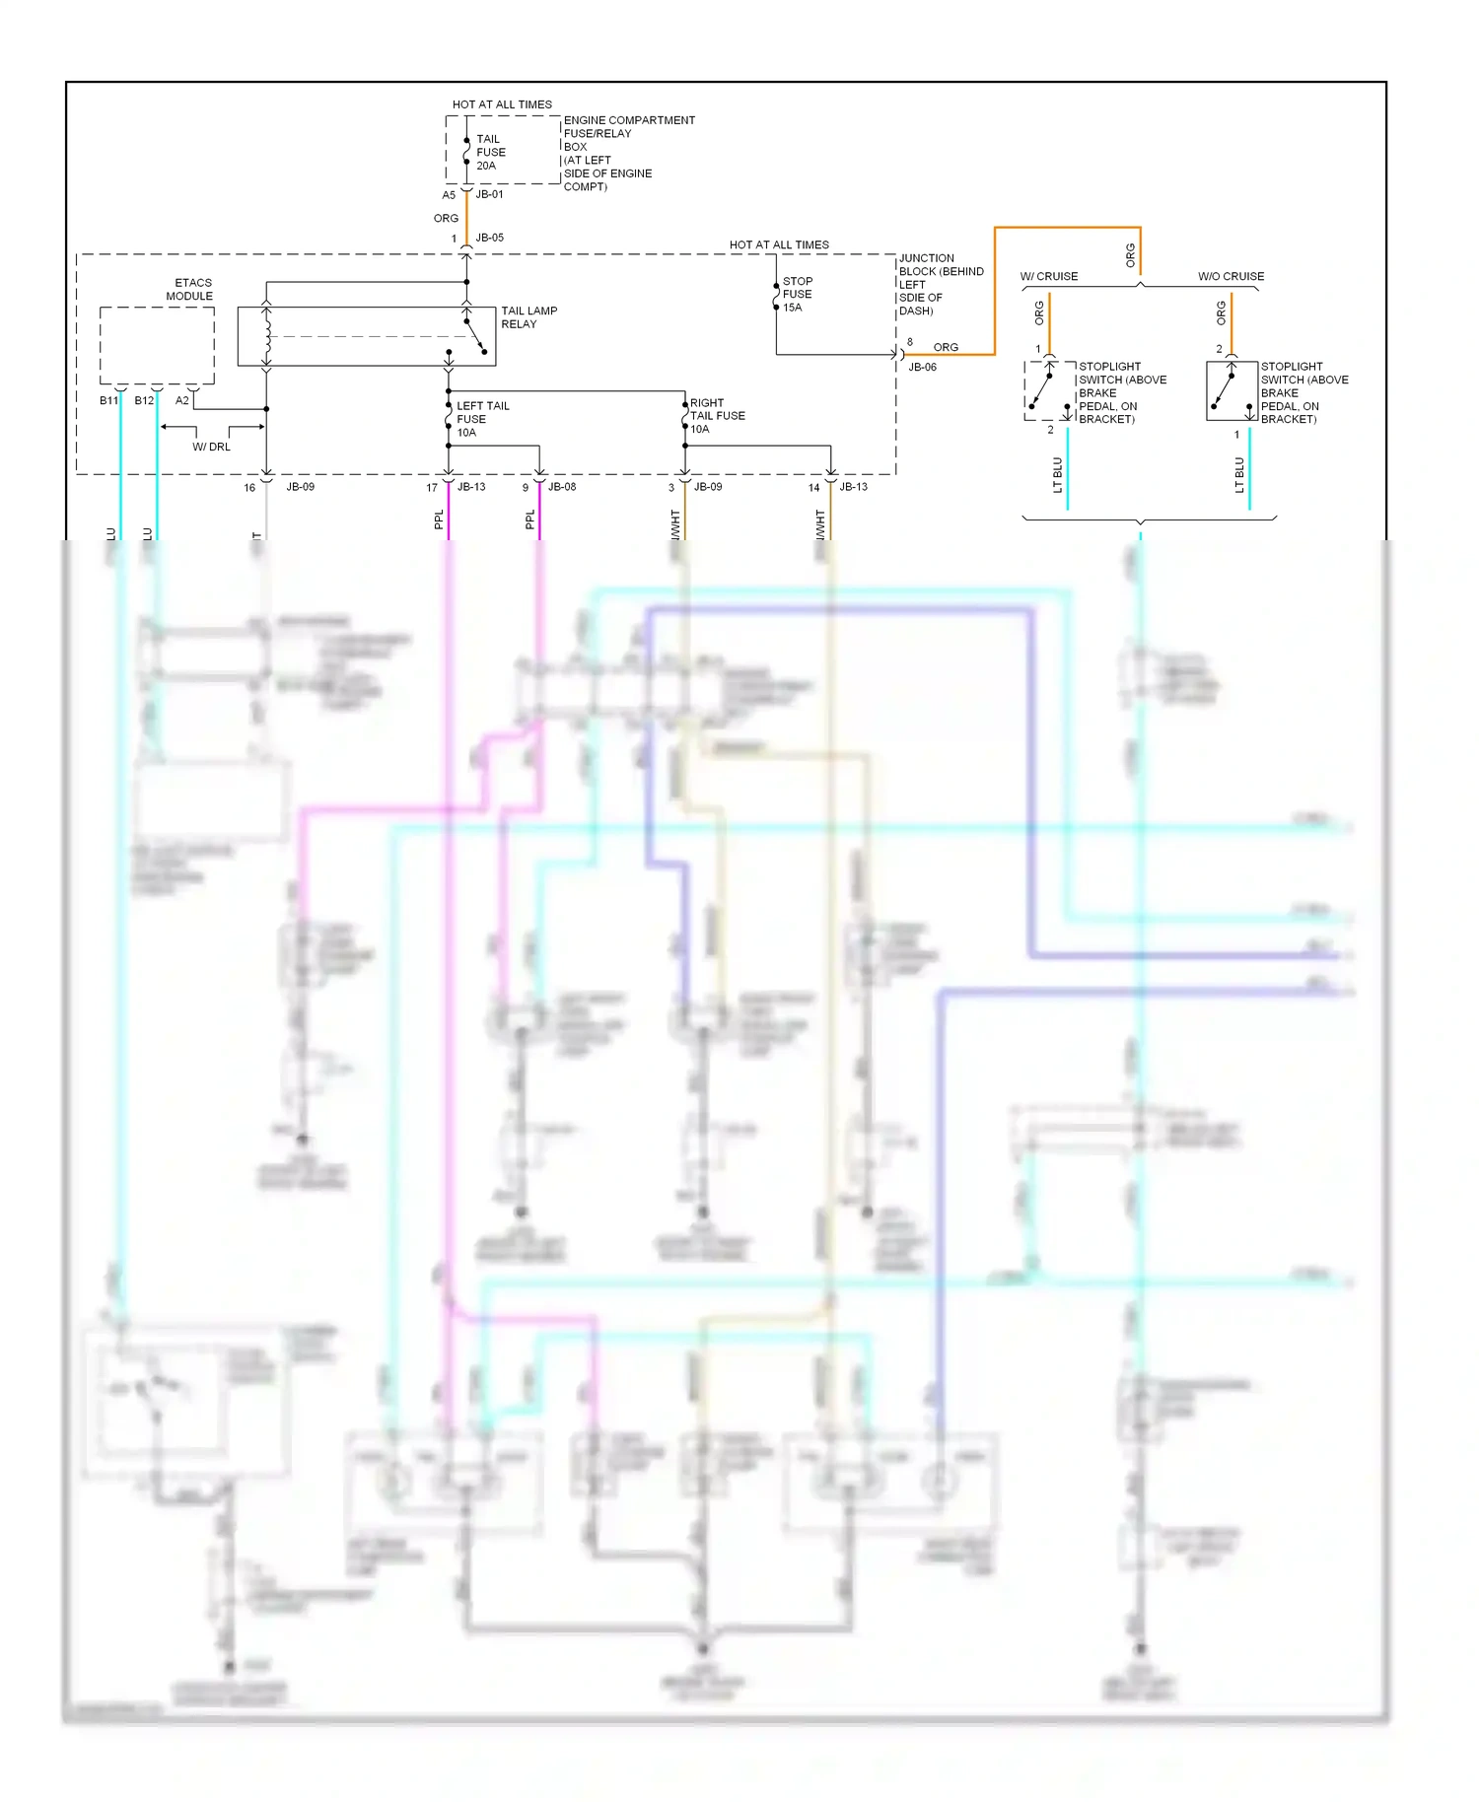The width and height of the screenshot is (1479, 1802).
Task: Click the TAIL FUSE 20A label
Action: pos(490,153)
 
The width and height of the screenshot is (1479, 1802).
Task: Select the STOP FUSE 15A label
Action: pos(797,294)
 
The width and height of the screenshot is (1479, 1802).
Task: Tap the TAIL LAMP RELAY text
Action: pos(528,317)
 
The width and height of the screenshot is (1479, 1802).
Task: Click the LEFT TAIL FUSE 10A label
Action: pos(481,419)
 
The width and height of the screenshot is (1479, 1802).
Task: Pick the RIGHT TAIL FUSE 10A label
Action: pos(716,416)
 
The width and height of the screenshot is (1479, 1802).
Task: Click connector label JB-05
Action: pos(489,238)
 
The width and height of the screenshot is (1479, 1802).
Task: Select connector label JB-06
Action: pos(922,367)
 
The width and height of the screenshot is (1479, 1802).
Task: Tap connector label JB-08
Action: pos(561,487)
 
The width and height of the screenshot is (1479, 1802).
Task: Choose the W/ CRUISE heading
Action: pos(1048,276)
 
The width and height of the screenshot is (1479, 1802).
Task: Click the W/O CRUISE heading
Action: pos(1231,276)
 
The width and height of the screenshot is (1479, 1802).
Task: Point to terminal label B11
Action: pos(108,400)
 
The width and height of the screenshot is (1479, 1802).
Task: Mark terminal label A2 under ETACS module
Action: pos(181,400)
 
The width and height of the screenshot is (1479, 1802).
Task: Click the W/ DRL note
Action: pos(211,447)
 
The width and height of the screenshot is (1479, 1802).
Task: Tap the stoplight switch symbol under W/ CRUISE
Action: pos(1049,390)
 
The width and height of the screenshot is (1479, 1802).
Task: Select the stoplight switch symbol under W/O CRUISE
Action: pos(1231,390)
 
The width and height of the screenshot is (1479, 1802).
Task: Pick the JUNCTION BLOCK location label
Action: pos(940,284)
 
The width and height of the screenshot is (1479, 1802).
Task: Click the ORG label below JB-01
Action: pos(446,218)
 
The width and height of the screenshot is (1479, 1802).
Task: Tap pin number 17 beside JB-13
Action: pos(431,488)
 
